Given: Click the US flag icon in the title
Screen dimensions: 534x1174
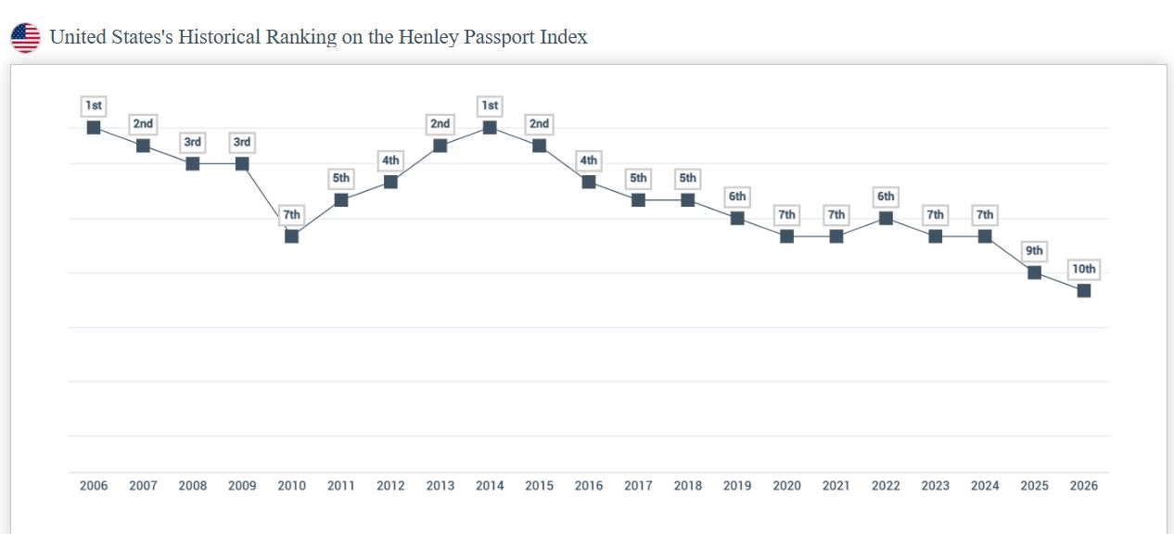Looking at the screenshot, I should tap(25, 38).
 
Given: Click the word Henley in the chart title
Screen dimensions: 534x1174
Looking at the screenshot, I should tap(426, 38).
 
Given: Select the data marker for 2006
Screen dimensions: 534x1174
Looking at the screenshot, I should tap(94, 127).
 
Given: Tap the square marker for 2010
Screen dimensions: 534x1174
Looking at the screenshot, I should tap(292, 236).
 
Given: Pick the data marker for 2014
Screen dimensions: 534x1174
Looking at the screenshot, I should tap(490, 127).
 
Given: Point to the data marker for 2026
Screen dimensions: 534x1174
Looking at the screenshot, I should tap(1084, 290).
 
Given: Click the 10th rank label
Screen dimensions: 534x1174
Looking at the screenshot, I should tap(1084, 270).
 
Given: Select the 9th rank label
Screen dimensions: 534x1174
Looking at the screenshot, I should tap(1034, 251).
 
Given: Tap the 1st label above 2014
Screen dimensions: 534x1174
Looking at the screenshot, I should tap(490, 106).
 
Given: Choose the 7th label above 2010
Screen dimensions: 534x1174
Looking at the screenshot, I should tap(292, 215).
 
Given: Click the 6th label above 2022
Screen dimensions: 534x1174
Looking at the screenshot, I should tap(886, 197).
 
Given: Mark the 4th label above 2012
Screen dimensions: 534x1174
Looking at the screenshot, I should tap(390, 160).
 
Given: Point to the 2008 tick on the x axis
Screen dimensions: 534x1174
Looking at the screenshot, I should tap(193, 486).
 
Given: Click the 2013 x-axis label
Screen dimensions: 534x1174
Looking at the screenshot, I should tap(440, 486).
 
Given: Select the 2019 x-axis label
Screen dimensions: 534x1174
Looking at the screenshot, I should tap(737, 486).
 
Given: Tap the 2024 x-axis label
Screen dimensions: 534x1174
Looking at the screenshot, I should tap(985, 486).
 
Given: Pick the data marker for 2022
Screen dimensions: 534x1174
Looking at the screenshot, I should tap(886, 218).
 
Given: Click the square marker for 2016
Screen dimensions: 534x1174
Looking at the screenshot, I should tap(589, 182).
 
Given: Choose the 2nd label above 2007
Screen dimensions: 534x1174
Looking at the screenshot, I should tap(143, 124).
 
